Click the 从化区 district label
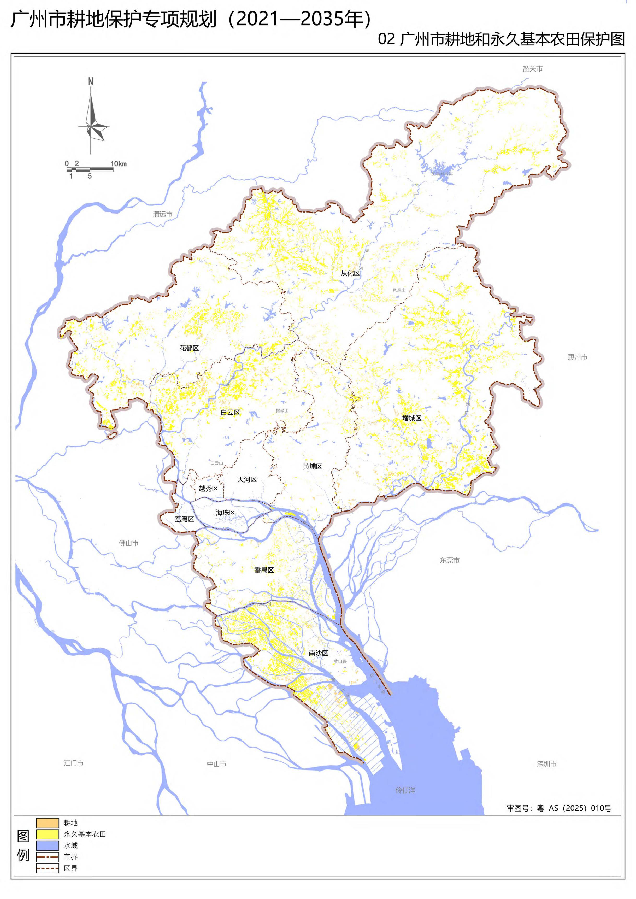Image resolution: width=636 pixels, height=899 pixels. pyautogui.click(x=350, y=273)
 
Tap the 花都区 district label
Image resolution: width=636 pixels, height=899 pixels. pyautogui.click(x=189, y=348)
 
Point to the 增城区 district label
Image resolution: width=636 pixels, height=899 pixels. pyautogui.click(x=411, y=418)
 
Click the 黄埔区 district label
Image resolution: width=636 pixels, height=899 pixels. pyautogui.click(x=312, y=466)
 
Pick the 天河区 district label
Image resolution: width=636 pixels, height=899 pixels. pyautogui.click(x=247, y=479)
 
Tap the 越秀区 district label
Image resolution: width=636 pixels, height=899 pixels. pyautogui.click(x=208, y=488)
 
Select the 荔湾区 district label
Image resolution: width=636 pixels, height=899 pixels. pyautogui.click(x=184, y=519)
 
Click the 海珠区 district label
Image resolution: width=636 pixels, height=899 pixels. pyautogui.click(x=226, y=513)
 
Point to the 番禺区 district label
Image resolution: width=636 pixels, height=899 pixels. pyautogui.click(x=264, y=570)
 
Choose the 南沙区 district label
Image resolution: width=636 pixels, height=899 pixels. pyautogui.click(x=319, y=653)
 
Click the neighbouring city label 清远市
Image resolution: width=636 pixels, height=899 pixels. pyautogui.click(x=162, y=214)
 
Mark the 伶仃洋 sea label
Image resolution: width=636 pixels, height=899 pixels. pyautogui.click(x=405, y=790)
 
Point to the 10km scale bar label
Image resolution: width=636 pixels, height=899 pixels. pyautogui.click(x=118, y=164)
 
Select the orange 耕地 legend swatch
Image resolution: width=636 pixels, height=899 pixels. pyautogui.click(x=48, y=823)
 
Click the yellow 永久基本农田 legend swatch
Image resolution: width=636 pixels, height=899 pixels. pyautogui.click(x=48, y=834)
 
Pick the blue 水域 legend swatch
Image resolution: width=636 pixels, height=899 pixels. pyautogui.click(x=48, y=845)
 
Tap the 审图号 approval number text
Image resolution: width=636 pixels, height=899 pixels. pyautogui.click(x=559, y=808)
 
